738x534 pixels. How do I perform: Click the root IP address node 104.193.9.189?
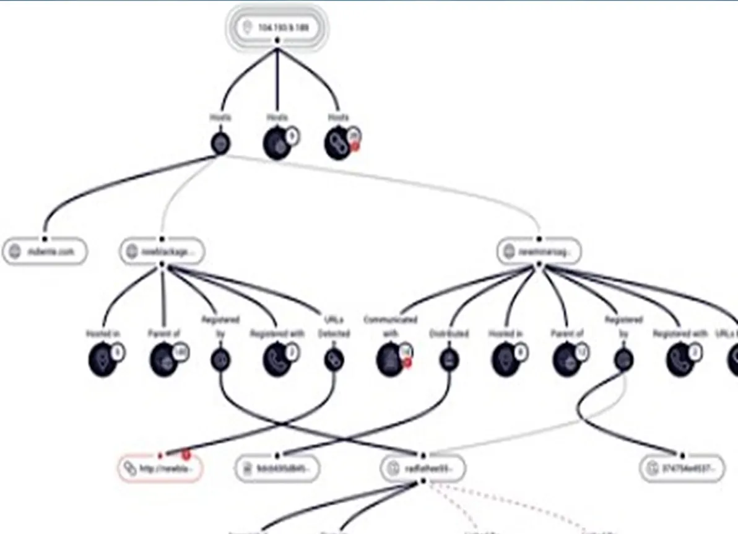(x=277, y=28)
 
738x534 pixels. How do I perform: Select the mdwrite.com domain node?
(x=45, y=252)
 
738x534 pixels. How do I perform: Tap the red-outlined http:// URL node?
(x=160, y=468)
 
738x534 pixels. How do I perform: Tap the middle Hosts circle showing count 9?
(x=277, y=144)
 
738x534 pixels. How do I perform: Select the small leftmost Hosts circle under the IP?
(x=221, y=144)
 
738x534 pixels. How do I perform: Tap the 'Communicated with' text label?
(x=390, y=326)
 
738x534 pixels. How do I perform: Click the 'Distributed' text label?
(x=449, y=333)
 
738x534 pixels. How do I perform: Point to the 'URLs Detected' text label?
(x=334, y=326)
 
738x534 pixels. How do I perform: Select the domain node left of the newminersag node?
(x=162, y=252)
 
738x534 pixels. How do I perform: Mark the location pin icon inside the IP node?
(x=247, y=28)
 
